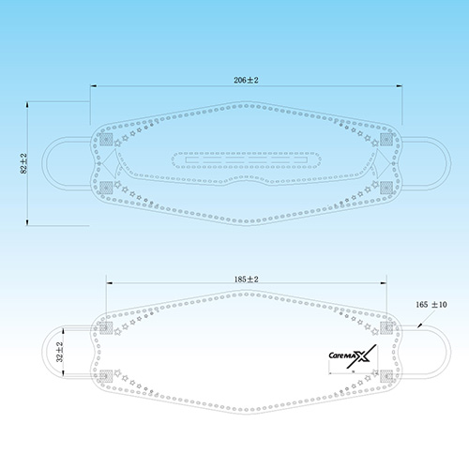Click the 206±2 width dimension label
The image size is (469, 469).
click(246, 80)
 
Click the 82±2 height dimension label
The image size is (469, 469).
click(23, 163)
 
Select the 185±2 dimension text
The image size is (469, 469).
click(247, 280)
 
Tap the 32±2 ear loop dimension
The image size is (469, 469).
click(59, 352)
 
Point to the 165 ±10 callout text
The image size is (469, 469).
click(431, 304)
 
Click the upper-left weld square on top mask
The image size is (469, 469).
click(106, 140)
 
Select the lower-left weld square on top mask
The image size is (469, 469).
click(106, 188)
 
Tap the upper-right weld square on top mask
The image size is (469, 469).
click(386, 140)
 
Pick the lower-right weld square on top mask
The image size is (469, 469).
click(386, 188)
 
